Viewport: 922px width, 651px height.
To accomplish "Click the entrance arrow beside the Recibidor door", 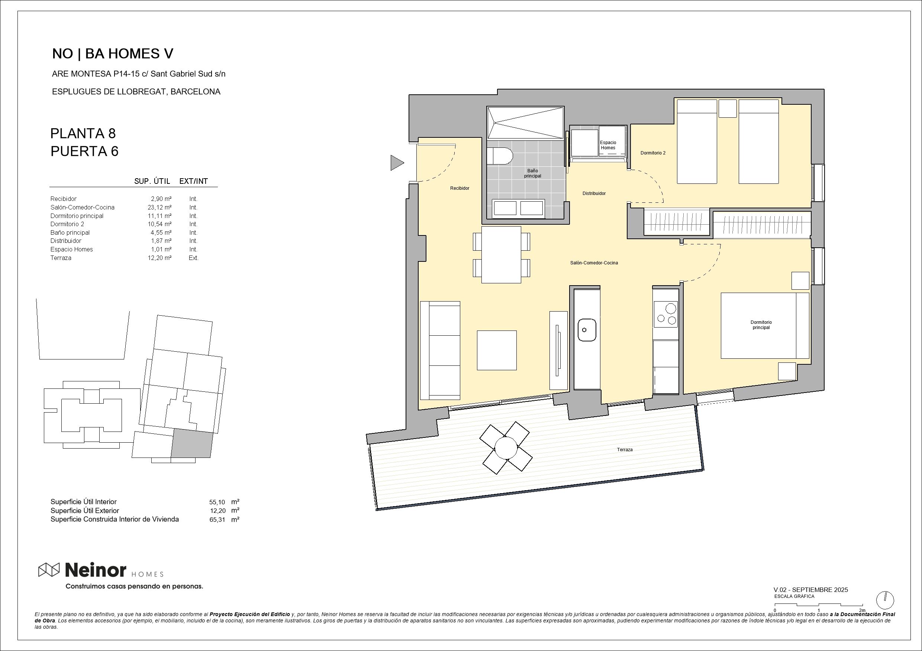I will pyautogui.click(x=396, y=163).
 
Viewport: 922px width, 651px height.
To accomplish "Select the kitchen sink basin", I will pyautogui.click(x=587, y=330).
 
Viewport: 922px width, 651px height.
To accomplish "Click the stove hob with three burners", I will pyautogui.click(x=666, y=314).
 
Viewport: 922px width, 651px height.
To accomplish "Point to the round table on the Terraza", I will pyautogui.click(x=506, y=447).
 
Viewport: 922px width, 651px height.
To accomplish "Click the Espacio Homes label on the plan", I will pyautogui.click(x=607, y=145).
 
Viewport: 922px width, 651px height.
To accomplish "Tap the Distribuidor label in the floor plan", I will pyautogui.click(x=594, y=193).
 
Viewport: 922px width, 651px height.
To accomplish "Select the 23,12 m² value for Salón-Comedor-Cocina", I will pyautogui.click(x=159, y=207).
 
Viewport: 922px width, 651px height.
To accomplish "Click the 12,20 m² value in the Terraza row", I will pyautogui.click(x=159, y=258).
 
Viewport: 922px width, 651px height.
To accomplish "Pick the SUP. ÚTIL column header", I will pyautogui.click(x=152, y=181).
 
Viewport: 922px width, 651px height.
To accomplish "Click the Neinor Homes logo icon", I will pyautogui.click(x=49, y=570).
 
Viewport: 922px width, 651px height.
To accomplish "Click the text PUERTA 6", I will pyautogui.click(x=84, y=151).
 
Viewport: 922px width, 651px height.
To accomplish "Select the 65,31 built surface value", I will pyautogui.click(x=217, y=520).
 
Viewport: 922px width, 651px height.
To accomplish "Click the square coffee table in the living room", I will pyautogui.click(x=497, y=350).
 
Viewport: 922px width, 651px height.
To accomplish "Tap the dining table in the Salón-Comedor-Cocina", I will pyautogui.click(x=501, y=255).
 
